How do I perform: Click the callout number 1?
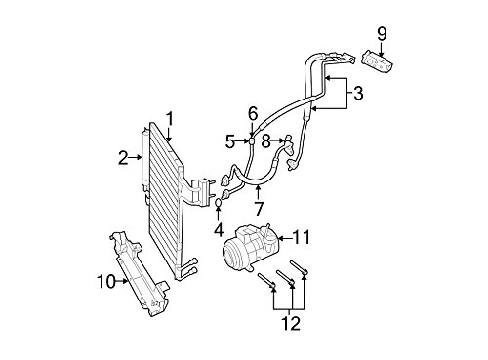click(x=169, y=120)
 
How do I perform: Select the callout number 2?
click(x=123, y=158)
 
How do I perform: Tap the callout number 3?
click(x=357, y=94)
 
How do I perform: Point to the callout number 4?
click(x=219, y=230)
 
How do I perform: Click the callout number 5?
click(x=230, y=141)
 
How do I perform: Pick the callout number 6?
click(x=253, y=114)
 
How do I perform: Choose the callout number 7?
click(x=259, y=209)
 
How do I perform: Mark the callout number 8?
click(x=266, y=141)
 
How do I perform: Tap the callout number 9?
click(x=382, y=34)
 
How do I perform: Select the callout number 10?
click(x=106, y=281)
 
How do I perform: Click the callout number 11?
click(x=302, y=237)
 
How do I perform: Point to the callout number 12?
click(x=291, y=324)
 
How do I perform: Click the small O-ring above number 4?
click(x=219, y=203)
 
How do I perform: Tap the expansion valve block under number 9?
click(x=378, y=60)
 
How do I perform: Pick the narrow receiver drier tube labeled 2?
click(x=144, y=159)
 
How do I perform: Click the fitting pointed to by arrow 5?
click(x=252, y=141)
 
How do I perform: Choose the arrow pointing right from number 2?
click(x=136, y=157)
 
